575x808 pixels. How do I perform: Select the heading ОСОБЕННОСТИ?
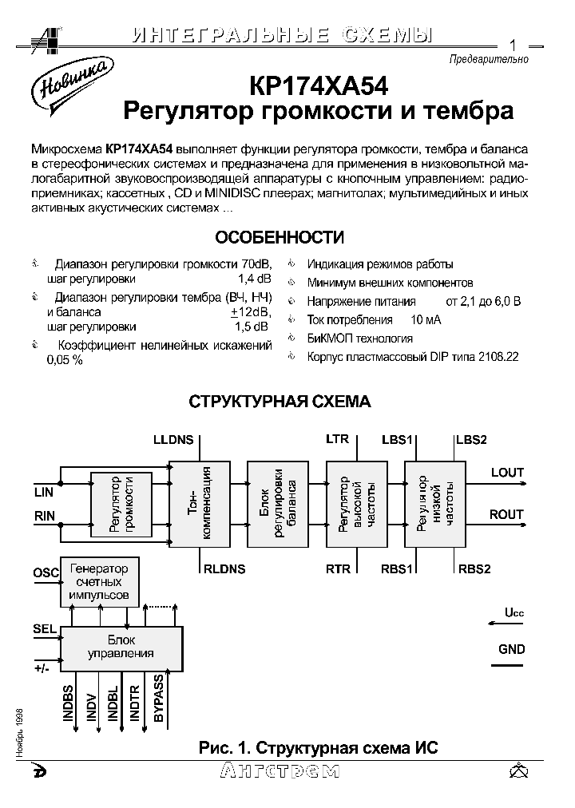280,238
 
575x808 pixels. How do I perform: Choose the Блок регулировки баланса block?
277,504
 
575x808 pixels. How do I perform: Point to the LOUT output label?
506,473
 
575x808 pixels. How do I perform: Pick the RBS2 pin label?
474,568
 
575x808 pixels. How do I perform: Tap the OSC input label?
46,573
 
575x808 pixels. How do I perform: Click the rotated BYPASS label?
159,699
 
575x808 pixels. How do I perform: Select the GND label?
511,649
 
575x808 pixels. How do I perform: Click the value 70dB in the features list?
256,264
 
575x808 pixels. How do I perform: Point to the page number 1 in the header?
512,44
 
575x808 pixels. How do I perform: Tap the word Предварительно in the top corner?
489,59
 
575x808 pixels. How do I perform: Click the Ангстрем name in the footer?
278,770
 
